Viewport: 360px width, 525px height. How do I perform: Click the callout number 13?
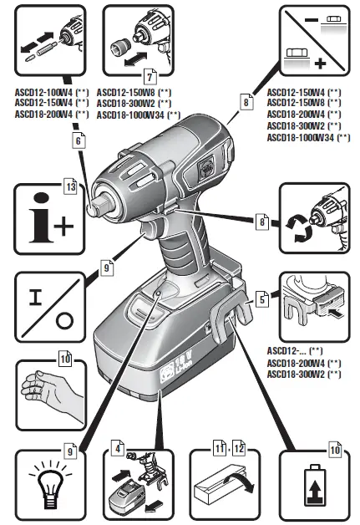pos(72,188)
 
